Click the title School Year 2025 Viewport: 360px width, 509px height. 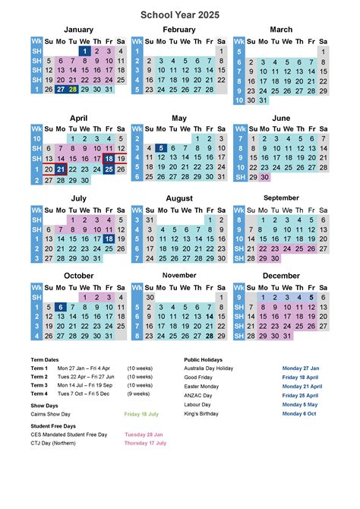[179, 14]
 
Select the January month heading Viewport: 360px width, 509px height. [78, 30]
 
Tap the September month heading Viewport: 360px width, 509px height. [281, 198]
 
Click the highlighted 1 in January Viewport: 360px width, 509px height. [85, 51]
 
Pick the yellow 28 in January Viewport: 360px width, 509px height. [73, 89]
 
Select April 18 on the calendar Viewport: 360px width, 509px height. [109, 159]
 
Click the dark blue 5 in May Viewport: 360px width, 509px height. [161, 149]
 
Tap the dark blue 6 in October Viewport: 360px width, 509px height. [61, 307]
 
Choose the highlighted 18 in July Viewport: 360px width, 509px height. [109, 239]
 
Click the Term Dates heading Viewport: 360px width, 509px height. [45, 359]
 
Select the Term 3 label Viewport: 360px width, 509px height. [39, 385]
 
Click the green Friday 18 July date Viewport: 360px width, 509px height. [142, 414]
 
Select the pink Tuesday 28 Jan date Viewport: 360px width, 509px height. [144, 435]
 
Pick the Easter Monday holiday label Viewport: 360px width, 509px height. [201, 386]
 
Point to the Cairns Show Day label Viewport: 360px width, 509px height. [51, 414]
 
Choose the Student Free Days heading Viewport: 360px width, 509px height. [53, 426]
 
